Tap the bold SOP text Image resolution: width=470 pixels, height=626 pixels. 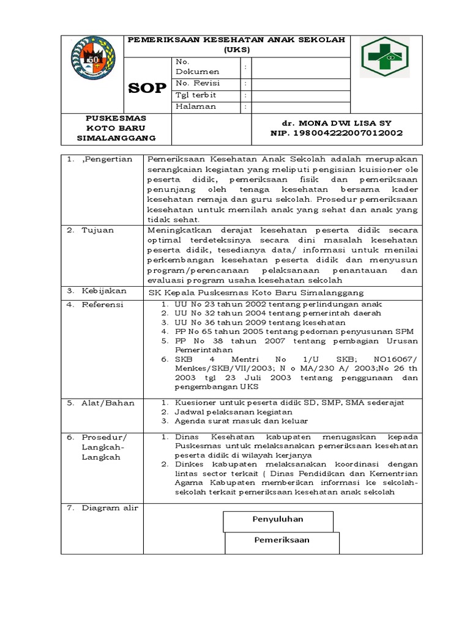(147, 87)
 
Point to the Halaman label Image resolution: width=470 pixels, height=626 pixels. (196, 106)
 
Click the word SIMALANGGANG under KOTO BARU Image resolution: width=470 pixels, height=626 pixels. (116, 138)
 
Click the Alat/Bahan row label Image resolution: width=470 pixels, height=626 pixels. (108, 403)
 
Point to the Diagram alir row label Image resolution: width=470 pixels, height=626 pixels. (110, 508)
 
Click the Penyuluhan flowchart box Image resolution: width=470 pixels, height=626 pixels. (278, 520)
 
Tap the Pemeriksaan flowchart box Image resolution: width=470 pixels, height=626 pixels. (282, 540)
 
